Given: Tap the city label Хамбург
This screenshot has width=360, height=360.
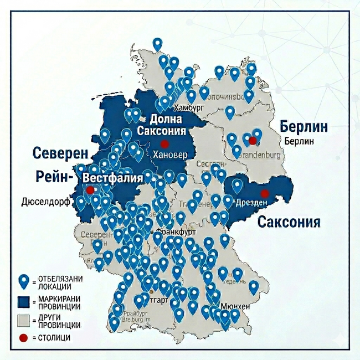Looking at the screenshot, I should click(x=189, y=107).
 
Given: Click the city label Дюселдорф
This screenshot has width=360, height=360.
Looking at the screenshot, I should click(x=46, y=202).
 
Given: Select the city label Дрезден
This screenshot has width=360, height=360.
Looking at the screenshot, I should click(x=251, y=203).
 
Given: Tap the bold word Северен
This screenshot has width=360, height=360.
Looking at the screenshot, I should click(x=60, y=153).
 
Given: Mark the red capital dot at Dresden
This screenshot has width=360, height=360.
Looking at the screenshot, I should click(x=265, y=193).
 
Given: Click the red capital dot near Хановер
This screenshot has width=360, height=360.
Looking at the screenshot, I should click(x=164, y=143).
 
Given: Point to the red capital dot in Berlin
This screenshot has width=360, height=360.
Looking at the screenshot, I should click(x=253, y=141).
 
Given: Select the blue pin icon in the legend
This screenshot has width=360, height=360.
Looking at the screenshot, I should click(x=24, y=281).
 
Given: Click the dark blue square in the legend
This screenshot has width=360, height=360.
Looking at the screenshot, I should click(x=24, y=301).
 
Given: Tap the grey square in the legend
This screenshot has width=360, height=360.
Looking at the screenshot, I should click(x=24, y=320).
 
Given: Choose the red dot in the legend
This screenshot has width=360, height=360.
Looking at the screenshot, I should click(x=23, y=337).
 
